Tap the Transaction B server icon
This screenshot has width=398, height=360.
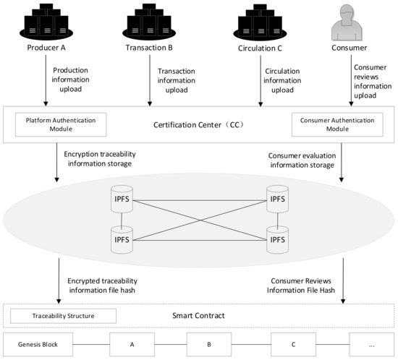click(148, 22)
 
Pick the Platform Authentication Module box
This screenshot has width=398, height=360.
click(61, 123)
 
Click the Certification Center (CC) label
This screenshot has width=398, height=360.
click(199, 124)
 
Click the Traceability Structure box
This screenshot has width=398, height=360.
click(64, 316)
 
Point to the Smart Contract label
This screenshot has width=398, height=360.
click(199, 316)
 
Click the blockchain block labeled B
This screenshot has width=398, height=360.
click(209, 344)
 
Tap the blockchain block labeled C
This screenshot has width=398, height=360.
click(294, 344)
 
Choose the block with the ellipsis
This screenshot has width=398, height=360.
click(371, 344)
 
